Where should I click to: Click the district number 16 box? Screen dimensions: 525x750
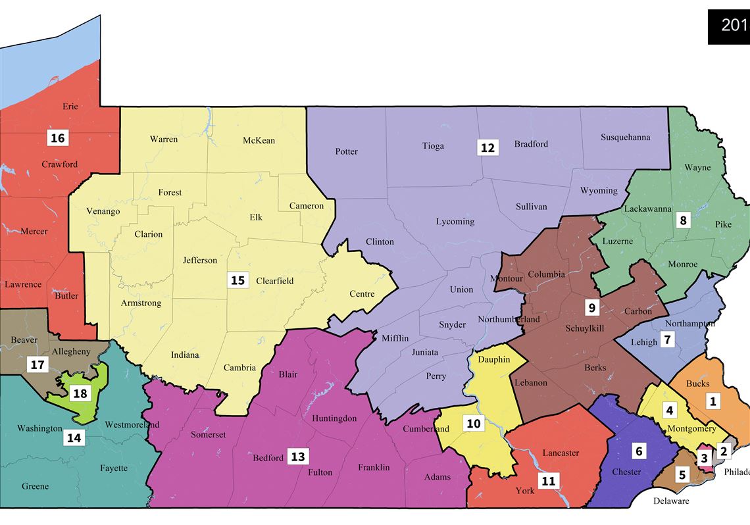point(57,137)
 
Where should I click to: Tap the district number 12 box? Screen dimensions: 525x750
point(487,147)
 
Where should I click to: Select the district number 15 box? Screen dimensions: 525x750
point(237,280)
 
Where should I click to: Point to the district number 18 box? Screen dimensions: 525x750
point(80,393)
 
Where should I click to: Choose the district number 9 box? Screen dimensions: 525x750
point(591,307)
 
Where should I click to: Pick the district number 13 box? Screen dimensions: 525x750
point(298,457)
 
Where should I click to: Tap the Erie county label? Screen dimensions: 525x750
point(70,107)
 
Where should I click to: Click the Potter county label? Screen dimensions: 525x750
point(347,152)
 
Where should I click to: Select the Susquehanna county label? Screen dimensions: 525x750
point(625,137)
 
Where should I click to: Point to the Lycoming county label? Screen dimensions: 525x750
point(455,222)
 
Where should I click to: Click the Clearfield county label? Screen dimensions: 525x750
point(274,281)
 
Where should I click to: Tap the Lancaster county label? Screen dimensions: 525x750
point(561,453)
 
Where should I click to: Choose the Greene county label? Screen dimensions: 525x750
point(35,487)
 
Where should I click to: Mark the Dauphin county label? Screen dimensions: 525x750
point(494,360)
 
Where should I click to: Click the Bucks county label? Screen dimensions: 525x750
point(697,384)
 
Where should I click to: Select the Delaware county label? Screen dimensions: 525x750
point(671,501)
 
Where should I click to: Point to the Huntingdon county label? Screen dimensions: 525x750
point(334,418)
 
